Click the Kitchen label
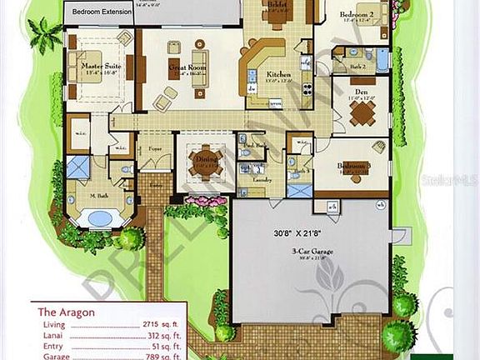coord(277,75)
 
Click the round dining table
coord(204,158)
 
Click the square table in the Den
coord(361,113)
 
